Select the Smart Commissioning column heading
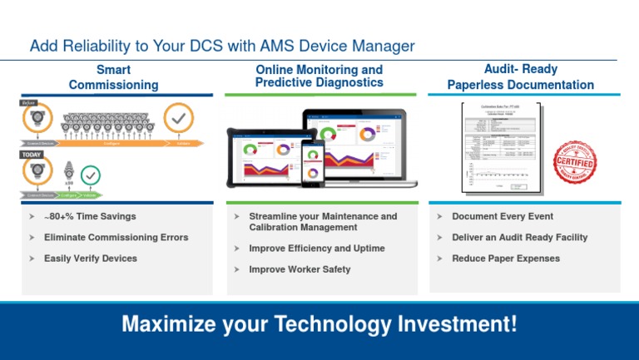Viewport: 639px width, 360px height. pos(112,77)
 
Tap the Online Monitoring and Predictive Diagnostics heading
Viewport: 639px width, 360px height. pos(319,76)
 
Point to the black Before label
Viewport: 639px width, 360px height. pos(29,102)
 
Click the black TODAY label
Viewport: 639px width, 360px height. pos(32,155)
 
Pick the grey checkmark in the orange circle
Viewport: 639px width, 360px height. pos(178,119)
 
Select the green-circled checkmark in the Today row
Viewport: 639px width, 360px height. pos(91,175)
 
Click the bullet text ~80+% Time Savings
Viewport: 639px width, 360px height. pos(90,216)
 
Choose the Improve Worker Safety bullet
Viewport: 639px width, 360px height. pos(300,269)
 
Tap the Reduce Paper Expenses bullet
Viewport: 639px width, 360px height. pos(506,259)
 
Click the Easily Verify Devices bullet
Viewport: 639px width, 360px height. pos(91,259)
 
